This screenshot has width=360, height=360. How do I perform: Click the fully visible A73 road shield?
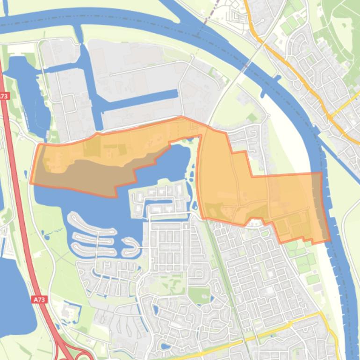tap(40, 299)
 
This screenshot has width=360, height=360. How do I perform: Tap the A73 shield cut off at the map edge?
tap(4, 96)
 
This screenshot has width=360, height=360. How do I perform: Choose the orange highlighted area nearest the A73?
tap(94, 159)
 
